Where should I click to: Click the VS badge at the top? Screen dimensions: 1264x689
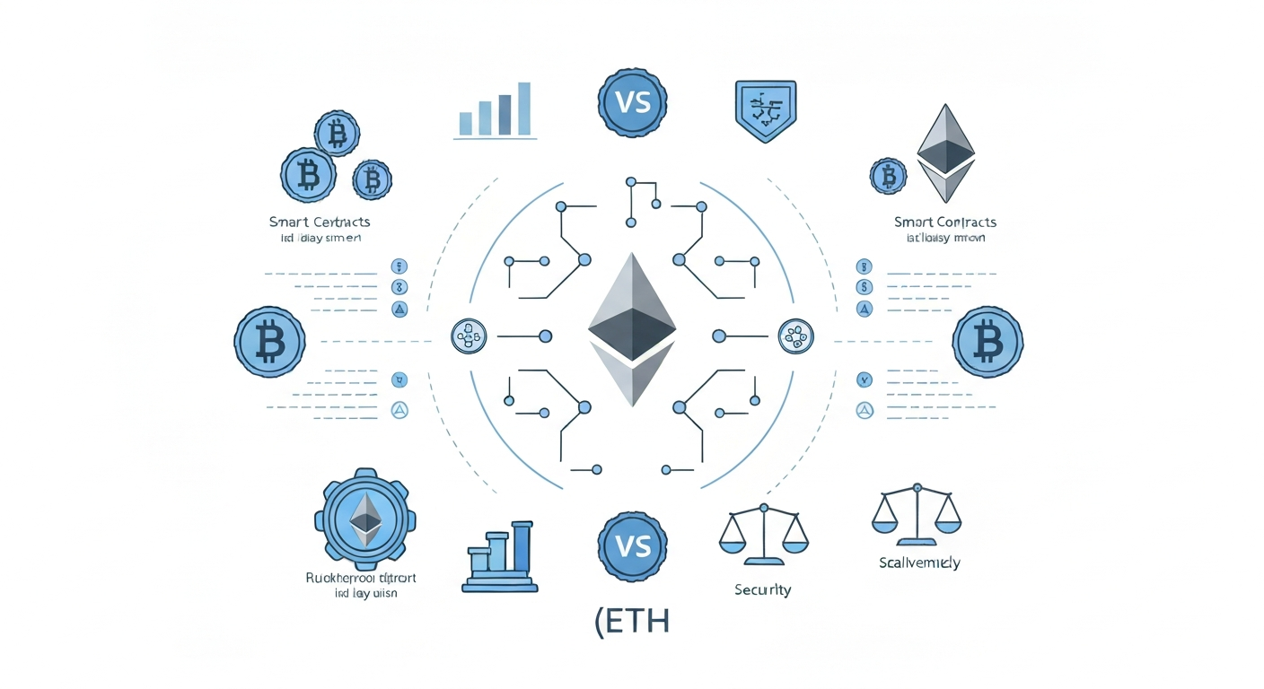632,102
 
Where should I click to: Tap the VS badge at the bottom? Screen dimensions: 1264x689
632,545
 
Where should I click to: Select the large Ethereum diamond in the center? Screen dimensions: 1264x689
632,328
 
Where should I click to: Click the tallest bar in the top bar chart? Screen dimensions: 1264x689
524,109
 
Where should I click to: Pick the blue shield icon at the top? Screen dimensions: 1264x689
764,110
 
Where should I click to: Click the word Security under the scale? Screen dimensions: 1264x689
762,589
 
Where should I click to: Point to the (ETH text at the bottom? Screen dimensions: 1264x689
632,622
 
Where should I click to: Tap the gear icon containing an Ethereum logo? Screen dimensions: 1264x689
364,519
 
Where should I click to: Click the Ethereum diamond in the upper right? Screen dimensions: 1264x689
946,153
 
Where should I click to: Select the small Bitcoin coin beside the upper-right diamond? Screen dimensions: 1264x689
888,175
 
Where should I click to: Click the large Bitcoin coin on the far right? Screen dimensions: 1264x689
987,341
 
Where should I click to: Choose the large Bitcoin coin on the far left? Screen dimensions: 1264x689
269,341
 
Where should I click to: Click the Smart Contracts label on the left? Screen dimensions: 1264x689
320,222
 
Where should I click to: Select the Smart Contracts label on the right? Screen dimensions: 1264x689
945,222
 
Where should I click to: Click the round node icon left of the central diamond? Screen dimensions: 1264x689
468,336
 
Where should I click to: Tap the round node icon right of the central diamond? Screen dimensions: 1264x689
794,336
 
